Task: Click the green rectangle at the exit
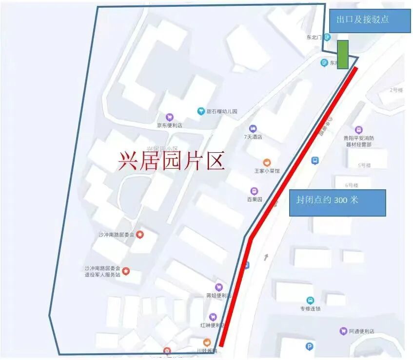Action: click(343, 54)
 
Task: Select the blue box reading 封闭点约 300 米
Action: click(337, 202)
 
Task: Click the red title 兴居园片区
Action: click(171, 160)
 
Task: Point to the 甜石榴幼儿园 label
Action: click(221, 112)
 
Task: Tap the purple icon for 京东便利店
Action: click(169, 117)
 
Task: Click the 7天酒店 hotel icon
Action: click(253, 128)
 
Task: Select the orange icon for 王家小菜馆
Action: click(267, 162)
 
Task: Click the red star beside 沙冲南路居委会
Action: click(140, 235)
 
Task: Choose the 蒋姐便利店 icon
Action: click(219, 287)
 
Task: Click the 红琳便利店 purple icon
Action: click(213, 317)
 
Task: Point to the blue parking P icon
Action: click(309, 347)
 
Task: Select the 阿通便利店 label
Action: click(362, 331)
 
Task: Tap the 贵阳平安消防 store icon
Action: click(359, 130)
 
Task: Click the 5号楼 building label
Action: click(365, 165)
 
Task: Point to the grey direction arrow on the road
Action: click(266, 257)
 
